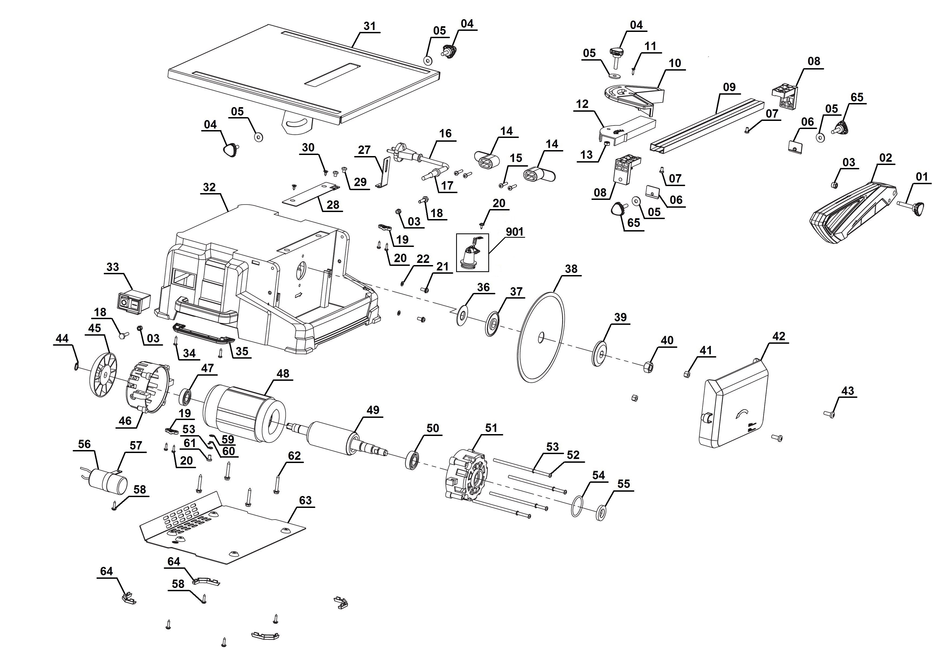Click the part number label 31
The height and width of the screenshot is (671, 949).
coord(370,26)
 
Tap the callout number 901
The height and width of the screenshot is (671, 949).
coord(515,232)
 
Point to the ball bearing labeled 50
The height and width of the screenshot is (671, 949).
coord(413,460)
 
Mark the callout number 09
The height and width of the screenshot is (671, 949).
coord(729,87)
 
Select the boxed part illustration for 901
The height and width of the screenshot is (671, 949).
coord(472,252)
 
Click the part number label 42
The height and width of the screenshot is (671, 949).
coord(779,336)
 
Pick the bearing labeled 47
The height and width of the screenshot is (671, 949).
coord(185,397)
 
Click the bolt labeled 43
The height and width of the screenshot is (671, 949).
coord(830,414)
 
